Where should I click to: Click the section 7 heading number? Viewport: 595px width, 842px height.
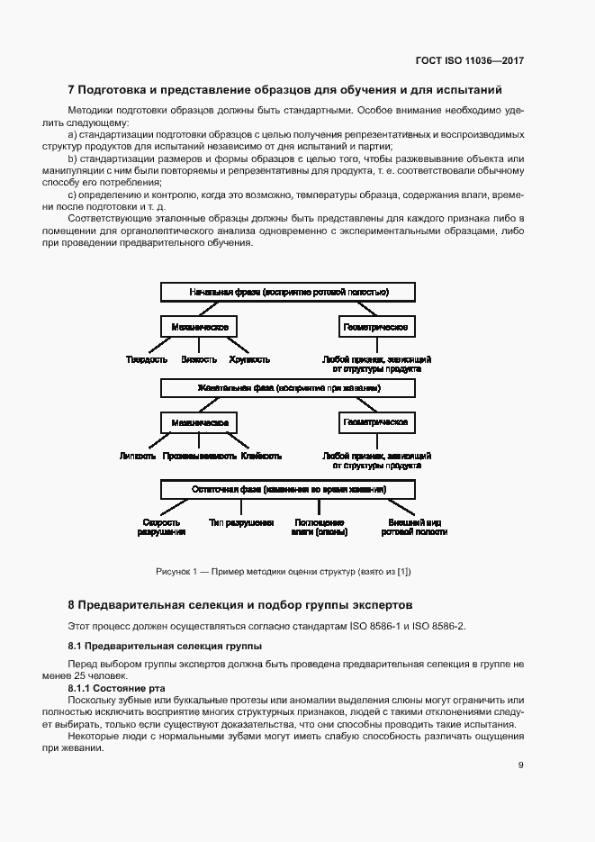click(x=72, y=90)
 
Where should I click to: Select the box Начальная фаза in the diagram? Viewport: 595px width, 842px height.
click(x=288, y=293)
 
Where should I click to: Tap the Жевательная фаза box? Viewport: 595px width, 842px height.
click(x=288, y=388)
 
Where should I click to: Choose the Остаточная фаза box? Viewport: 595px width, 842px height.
click(x=288, y=489)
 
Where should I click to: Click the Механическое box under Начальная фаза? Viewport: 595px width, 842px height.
click(x=199, y=326)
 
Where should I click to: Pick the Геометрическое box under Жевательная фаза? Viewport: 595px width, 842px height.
click(x=376, y=422)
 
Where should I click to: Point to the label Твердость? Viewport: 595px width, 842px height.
click(x=147, y=359)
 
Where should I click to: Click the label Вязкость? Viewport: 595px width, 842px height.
click(x=199, y=359)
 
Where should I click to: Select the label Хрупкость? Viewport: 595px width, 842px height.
click(x=249, y=359)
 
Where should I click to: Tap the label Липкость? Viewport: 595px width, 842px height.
click(x=138, y=457)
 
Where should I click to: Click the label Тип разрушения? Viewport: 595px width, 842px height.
click(x=241, y=522)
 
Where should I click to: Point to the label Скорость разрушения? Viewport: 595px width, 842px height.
click(x=162, y=527)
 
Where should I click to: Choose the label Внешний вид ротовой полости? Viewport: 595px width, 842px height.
click(x=414, y=527)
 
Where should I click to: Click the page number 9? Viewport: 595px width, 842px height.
click(x=521, y=765)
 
